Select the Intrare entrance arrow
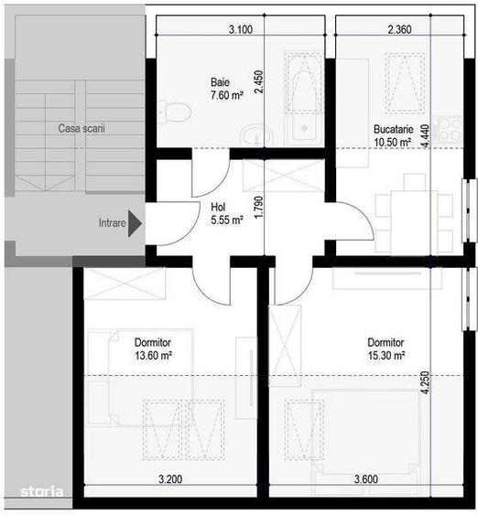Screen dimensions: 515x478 point(136,221)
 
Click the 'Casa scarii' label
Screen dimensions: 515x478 point(81,129)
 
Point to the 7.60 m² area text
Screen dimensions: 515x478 point(225,95)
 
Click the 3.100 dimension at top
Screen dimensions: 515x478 point(240,29)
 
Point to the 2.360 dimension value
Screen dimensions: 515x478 point(398,29)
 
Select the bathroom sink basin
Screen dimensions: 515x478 point(250,135)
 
